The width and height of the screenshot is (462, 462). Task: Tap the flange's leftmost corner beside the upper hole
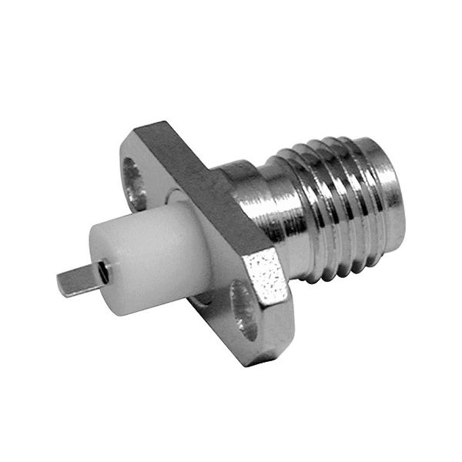[121, 154]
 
